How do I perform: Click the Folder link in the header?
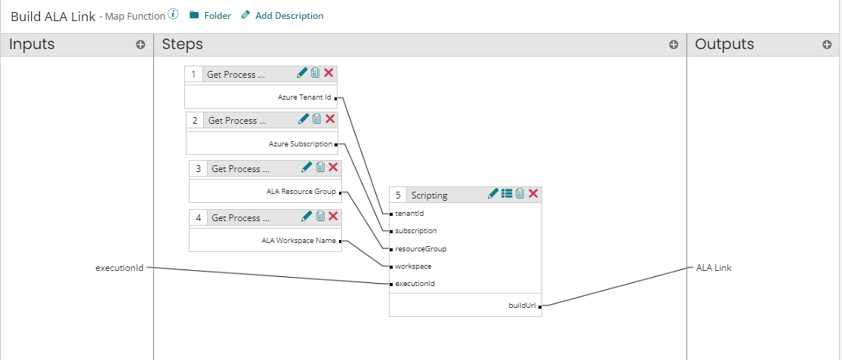pos(210,16)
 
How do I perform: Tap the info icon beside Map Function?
pos(173,14)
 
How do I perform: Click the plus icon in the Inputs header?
pos(140,45)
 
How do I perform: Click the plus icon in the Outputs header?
pos(827,45)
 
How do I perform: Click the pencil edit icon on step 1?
pos(302,73)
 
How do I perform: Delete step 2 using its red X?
pos(330,119)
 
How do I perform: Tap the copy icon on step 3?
pos(320,168)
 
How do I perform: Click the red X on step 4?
pos(333,217)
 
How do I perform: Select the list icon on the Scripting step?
pos(507,194)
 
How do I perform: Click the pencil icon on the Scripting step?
pos(493,194)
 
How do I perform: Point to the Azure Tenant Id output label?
pos(304,97)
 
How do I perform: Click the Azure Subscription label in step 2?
pos(300,144)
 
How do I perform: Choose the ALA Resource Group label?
pos(301,192)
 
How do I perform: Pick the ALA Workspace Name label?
pos(299,241)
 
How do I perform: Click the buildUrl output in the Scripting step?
pos(522,306)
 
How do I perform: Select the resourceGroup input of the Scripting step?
pos(415,248)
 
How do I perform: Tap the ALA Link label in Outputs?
pos(713,268)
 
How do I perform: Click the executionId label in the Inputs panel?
pos(119,268)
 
